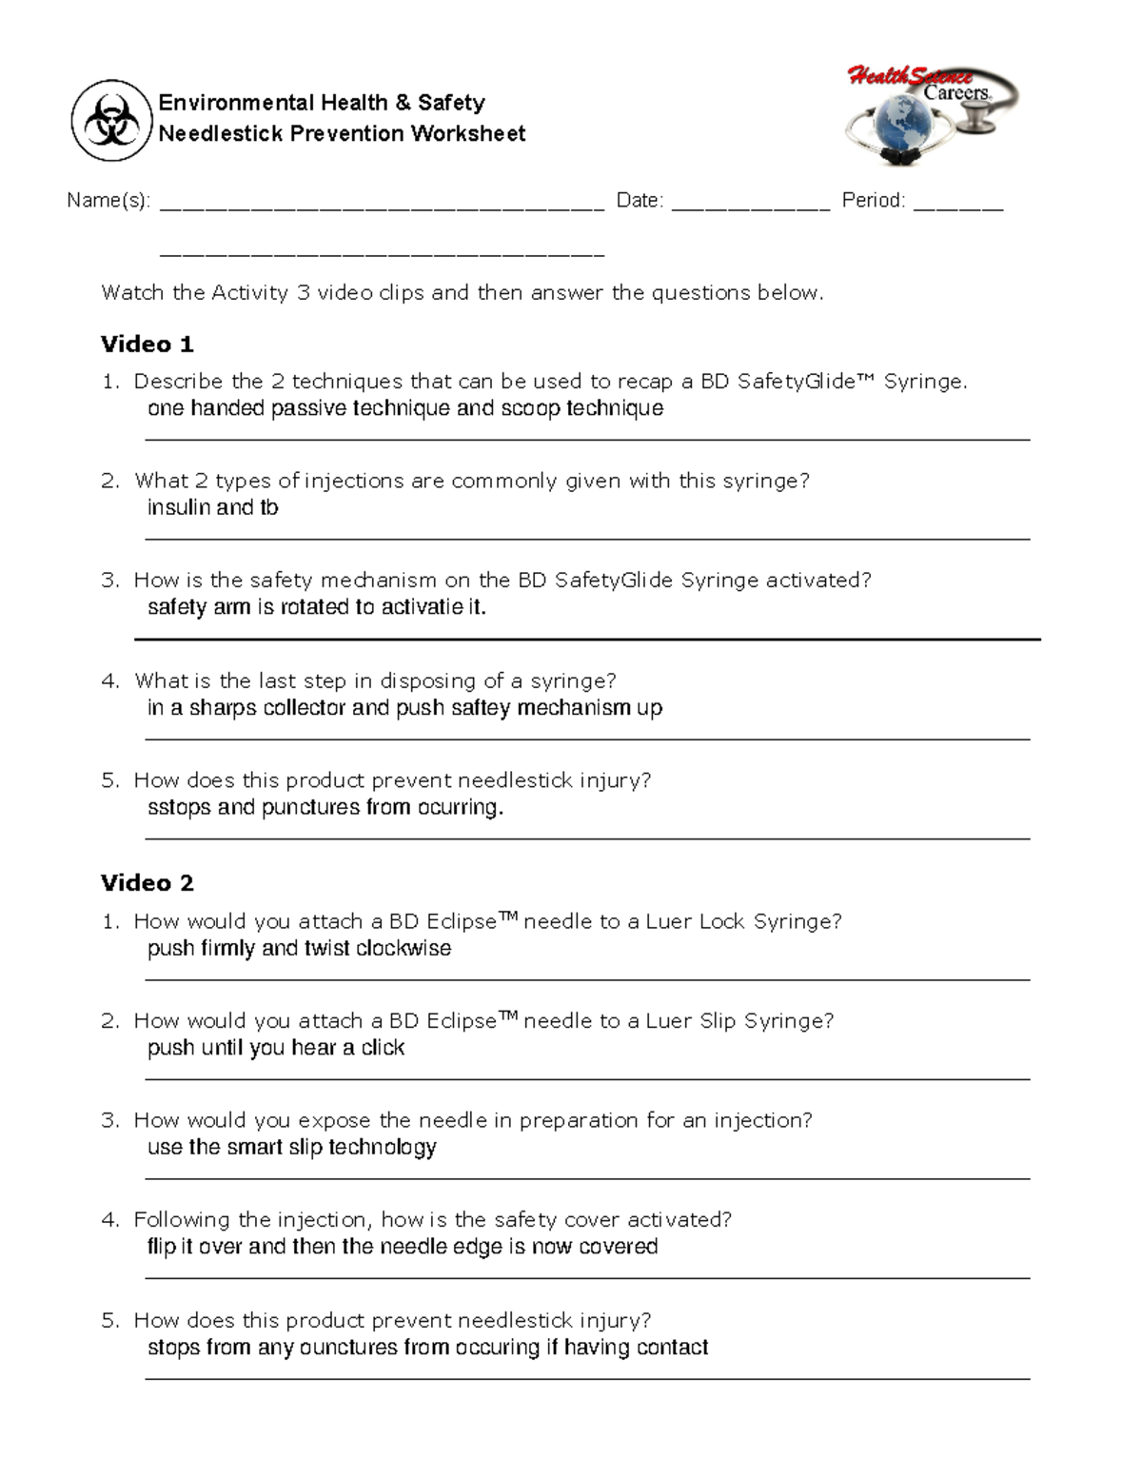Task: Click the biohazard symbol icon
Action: [x=111, y=121]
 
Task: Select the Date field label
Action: [x=640, y=201]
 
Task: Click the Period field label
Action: [x=873, y=201]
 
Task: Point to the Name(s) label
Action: [x=108, y=201]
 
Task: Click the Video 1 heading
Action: [x=147, y=344]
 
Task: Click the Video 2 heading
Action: [x=147, y=883]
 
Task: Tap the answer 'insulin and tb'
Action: [x=212, y=507]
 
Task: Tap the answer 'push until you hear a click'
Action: [x=276, y=1048]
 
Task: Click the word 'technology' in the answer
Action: [x=383, y=1148]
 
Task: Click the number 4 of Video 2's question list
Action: [x=109, y=1220]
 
